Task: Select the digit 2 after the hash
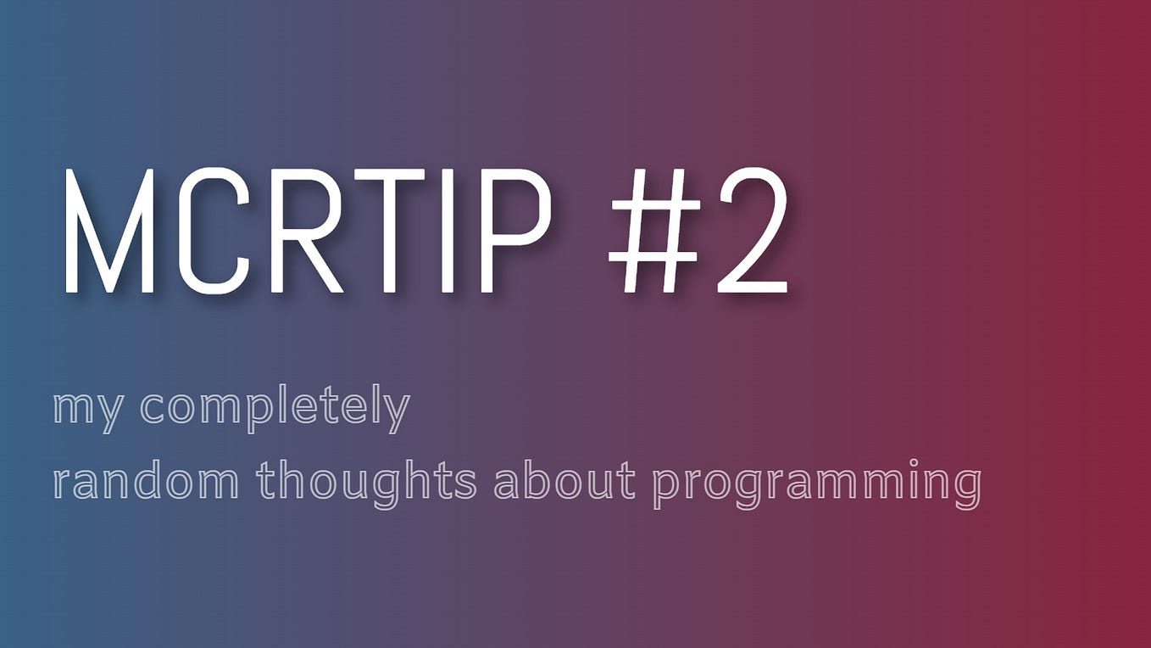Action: point(751,231)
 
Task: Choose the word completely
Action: point(275,410)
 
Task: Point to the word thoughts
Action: point(366,483)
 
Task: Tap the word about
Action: point(564,483)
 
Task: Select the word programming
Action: point(817,483)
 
